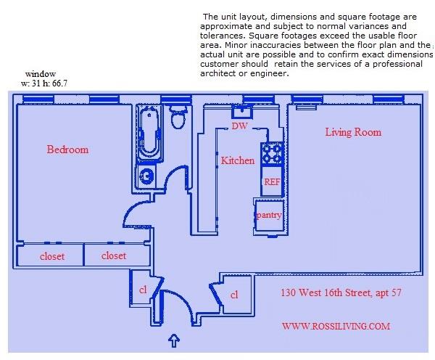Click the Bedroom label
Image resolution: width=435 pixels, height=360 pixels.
(67, 150)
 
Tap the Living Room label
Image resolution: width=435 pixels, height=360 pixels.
(353, 132)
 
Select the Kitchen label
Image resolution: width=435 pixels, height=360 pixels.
(237, 160)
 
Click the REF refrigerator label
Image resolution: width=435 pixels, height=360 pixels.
(272, 181)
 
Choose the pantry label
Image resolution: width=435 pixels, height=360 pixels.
(268, 216)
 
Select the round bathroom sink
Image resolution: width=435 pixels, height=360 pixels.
(147, 176)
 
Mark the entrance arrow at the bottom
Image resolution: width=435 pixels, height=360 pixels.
(174, 339)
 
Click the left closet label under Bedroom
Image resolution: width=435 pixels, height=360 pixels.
(51, 256)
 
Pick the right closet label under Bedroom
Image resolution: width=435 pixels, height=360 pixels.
(114, 255)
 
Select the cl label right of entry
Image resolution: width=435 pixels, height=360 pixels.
(234, 295)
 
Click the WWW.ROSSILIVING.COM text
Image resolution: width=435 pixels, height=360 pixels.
(336, 327)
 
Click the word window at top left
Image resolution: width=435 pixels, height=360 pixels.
(41, 74)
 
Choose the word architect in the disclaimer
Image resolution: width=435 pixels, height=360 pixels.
(220, 74)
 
